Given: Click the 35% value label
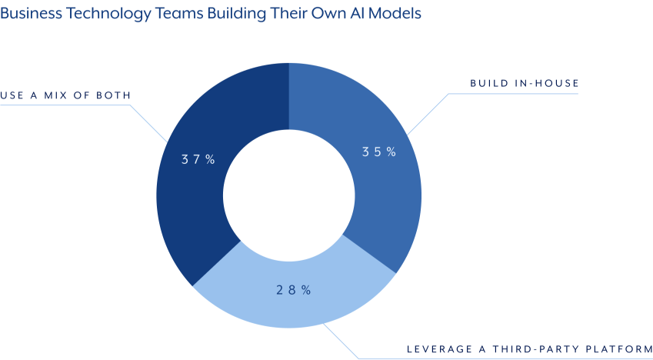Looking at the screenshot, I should point(379,152).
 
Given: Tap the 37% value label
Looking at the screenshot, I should point(198,160).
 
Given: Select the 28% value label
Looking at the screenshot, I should point(293,290).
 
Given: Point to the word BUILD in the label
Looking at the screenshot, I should point(488,83).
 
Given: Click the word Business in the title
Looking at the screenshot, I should point(30,15).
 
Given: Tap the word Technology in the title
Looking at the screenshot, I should point(103,15).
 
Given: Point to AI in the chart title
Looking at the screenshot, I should point(353,15).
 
